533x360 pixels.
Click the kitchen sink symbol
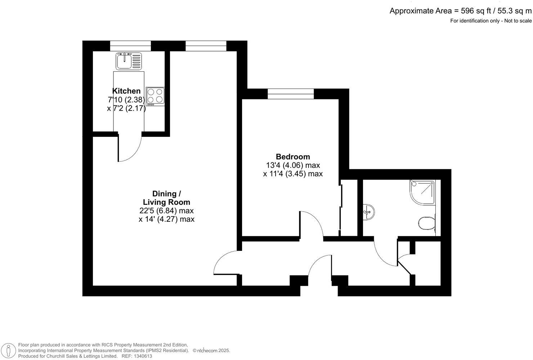129,61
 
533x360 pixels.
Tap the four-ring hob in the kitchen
155,96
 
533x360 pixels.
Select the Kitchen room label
126,91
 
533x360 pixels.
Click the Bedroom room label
293,157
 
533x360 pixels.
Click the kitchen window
130,46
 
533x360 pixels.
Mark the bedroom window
291,94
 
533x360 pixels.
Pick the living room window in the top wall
206,46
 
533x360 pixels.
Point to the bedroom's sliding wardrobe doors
341,209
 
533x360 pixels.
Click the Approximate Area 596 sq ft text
460,11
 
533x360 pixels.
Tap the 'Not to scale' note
518,21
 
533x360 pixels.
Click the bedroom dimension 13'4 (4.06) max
293,165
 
